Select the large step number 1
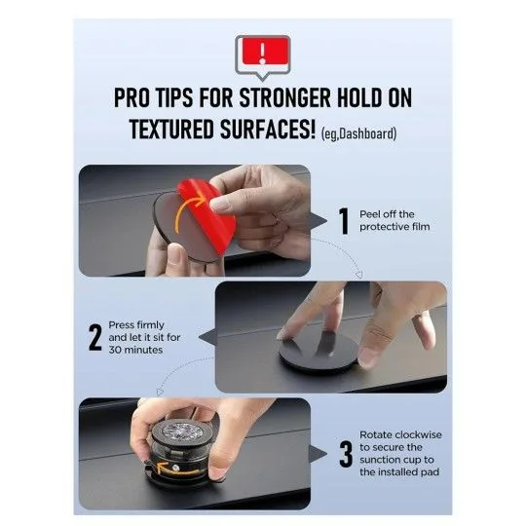point(343,220)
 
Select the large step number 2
point(95,337)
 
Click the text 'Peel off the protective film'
point(387,221)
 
